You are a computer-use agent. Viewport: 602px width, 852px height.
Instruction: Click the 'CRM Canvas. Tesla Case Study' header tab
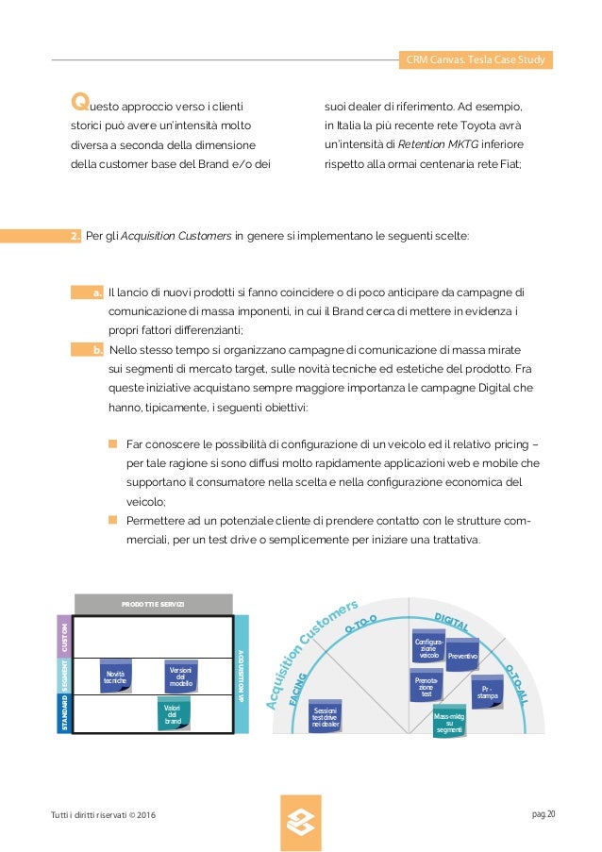click(x=475, y=60)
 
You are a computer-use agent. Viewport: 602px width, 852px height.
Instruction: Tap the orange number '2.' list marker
click(x=75, y=235)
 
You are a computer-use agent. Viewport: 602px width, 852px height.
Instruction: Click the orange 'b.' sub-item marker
click(x=97, y=350)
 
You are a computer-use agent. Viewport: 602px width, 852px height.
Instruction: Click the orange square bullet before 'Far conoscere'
click(x=111, y=443)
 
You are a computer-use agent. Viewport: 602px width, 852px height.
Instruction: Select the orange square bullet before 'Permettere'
click(x=111, y=520)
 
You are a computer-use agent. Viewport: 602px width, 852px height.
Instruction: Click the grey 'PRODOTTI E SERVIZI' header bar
click(x=153, y=604)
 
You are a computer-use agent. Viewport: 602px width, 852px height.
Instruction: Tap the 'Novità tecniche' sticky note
click(x=115, y=676)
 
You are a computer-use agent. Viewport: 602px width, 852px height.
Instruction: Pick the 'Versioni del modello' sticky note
click(x=179, y=676)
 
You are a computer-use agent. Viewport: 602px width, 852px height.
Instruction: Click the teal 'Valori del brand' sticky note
click(x=173, y=714)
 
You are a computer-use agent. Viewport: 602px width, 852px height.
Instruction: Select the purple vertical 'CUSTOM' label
click(x=64, y=636)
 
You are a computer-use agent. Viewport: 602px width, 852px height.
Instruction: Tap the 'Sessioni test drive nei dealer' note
click(x=325, y=716)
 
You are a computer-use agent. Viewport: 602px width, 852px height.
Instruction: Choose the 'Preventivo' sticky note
click(x=461, y=654)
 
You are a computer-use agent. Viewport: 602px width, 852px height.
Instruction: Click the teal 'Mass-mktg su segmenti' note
click(x=449, y=723)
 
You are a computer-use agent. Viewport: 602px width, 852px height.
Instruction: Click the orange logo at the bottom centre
click(x=301, y=823)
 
